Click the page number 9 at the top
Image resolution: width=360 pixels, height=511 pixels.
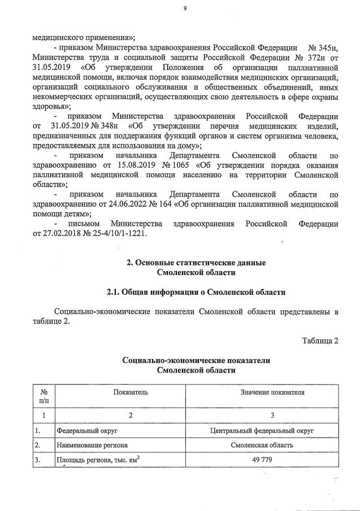click(x=184, y=8)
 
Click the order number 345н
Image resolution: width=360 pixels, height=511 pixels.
click(x=323, y=47)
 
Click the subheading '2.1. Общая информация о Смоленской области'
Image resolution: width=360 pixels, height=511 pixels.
click(x=196, y=292)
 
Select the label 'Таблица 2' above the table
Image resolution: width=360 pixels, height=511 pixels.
click(x=320, y=340)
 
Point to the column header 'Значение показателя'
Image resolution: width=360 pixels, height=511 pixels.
click(x=272, y=391)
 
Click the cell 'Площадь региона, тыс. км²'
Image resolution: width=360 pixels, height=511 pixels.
click(x=98, y=460)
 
